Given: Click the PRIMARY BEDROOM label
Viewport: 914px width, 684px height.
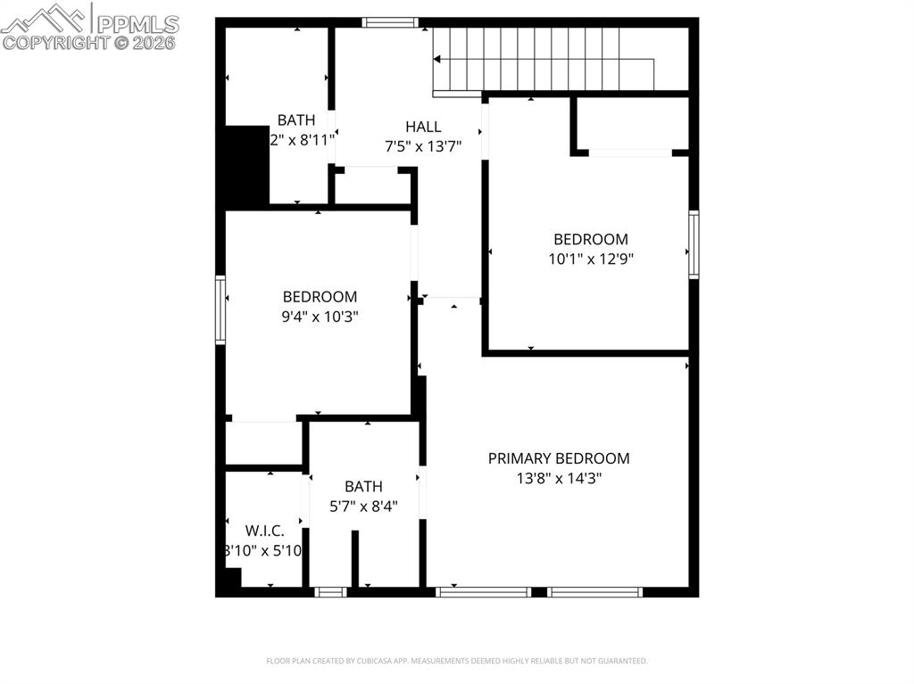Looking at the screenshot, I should click(558, 458).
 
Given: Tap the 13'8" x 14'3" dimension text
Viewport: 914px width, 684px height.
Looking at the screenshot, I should click(558, 478).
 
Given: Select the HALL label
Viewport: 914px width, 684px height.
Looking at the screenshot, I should click(422, 127).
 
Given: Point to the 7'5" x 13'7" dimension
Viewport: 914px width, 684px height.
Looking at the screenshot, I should click(422, 146).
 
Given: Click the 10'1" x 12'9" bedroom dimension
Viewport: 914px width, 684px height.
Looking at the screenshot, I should click(591, 259).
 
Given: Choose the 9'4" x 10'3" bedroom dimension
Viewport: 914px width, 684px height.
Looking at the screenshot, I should click(320, 316).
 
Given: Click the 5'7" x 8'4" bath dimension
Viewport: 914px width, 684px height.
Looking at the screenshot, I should click(363, 506).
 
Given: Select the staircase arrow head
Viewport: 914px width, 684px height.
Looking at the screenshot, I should click(437, 60).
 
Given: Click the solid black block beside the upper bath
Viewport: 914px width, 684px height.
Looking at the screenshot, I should click(246, 166).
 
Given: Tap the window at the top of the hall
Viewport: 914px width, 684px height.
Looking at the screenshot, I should click(390, 22).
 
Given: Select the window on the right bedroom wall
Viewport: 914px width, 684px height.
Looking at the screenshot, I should click(694, 244).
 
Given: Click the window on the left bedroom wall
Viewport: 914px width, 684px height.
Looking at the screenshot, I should click(220, 309).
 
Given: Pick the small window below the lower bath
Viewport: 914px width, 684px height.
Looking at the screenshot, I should click(331, 591).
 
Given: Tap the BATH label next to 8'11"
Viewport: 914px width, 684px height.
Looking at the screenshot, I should click(295, 119).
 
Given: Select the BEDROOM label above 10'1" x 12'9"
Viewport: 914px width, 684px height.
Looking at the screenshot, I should click(591, 239).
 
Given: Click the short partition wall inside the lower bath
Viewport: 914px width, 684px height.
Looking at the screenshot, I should click(354, 558).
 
